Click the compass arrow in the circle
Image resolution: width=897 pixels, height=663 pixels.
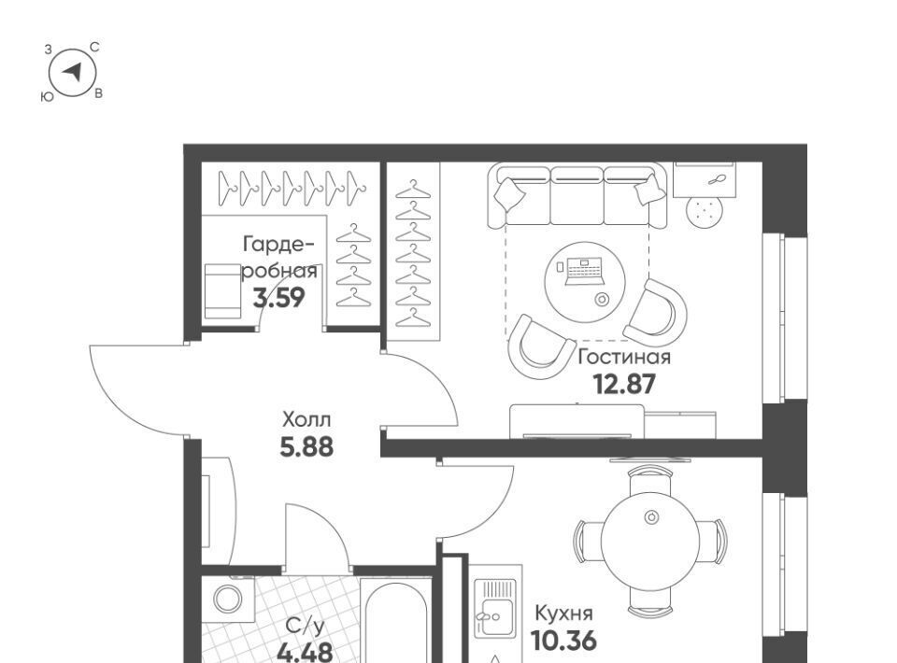pos(73,72)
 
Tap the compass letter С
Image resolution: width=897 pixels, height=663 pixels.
pos(95,48)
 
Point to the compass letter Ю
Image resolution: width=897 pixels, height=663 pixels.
pos(48,97)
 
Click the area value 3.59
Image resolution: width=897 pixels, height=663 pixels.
pos(279,297)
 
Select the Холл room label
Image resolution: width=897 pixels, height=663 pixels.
pos(306,420)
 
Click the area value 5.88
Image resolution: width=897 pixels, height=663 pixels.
pos(306,446)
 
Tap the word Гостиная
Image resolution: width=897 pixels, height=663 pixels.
pos(624,358)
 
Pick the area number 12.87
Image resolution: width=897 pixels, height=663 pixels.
pos(624,384)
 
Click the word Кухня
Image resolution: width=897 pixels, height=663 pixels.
pos(563,614)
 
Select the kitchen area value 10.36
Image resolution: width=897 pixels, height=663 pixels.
pos(563,641)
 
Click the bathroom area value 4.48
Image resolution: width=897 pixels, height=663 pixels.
pos(305,652)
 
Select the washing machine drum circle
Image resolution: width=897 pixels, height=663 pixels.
pos(228,600)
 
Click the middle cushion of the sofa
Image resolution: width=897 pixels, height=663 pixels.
pos(577,196)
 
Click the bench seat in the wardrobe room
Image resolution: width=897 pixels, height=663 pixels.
pos(222,291)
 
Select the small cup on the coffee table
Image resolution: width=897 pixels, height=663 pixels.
pos(601,300)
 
